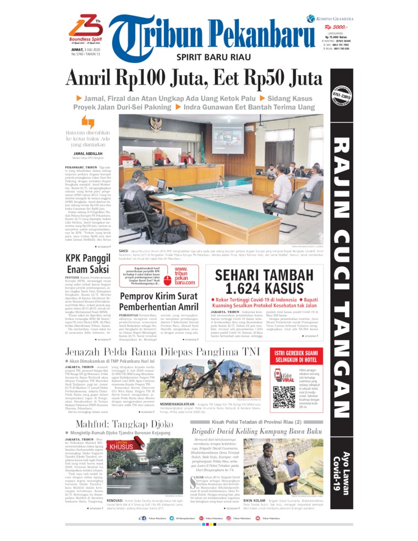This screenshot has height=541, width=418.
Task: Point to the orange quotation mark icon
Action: coord(88,122)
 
